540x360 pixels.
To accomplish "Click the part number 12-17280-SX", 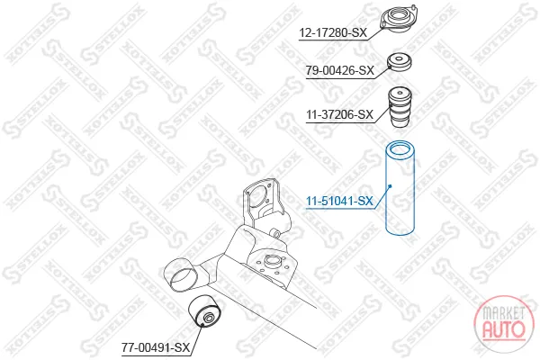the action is click(333, 33).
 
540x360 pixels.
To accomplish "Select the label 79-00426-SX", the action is click(340, 70).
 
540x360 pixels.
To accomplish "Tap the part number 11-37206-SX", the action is click(340, 114).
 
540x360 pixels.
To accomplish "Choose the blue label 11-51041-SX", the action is click(339, 201).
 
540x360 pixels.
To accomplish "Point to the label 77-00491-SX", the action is click(156, 347).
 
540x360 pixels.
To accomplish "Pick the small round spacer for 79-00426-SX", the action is click(400, 62).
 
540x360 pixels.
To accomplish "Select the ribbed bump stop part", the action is click(400, 107).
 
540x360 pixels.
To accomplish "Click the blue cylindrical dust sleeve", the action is click(400, 188).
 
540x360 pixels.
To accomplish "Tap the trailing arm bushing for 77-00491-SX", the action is click(204, 310).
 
